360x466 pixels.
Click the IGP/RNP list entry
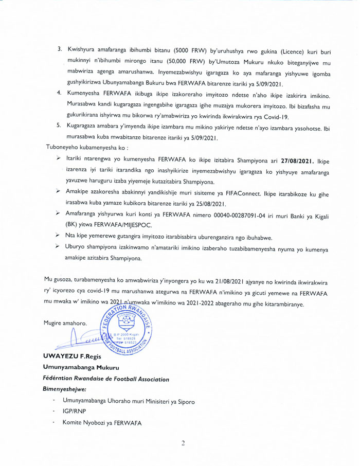click(x=74, y=412)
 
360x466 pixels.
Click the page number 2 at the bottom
click(x=182, y=444)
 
